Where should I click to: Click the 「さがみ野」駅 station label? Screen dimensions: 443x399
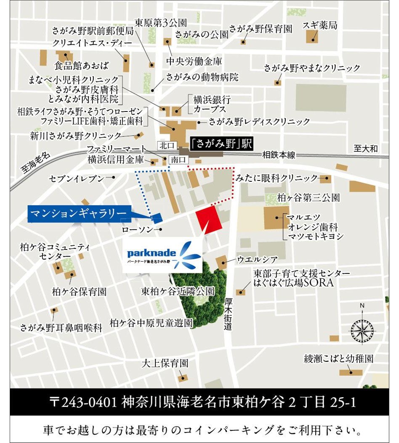coord(221,144)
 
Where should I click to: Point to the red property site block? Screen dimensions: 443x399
coord(209,219)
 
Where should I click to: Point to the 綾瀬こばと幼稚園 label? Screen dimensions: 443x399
coord(339,359)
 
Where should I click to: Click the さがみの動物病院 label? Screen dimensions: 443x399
coord(202,77)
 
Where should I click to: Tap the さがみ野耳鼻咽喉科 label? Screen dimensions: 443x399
coord(61,328)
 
